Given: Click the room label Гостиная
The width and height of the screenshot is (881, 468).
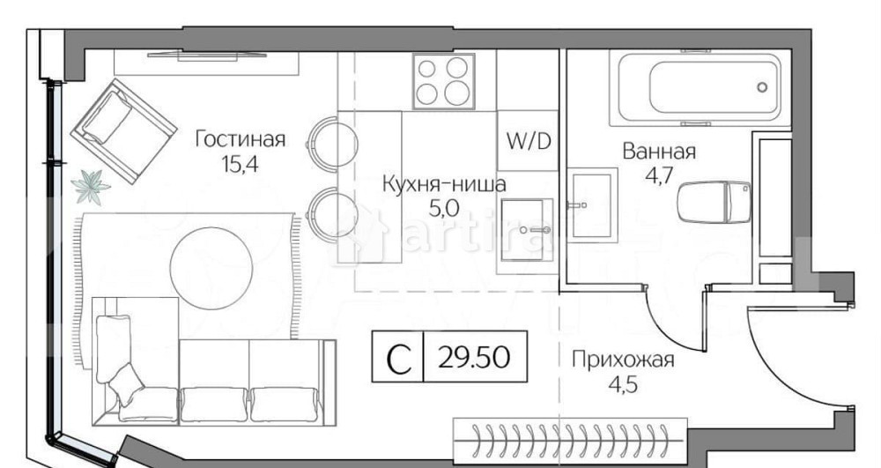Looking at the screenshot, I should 240,139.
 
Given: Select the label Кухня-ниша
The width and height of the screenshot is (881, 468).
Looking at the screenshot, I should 443,185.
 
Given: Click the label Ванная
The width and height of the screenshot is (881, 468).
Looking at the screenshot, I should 659,151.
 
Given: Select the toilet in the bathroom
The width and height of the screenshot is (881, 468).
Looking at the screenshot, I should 714,202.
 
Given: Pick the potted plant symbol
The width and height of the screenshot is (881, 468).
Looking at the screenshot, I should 90,186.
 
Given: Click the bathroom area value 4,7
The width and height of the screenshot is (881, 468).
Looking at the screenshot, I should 659,174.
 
